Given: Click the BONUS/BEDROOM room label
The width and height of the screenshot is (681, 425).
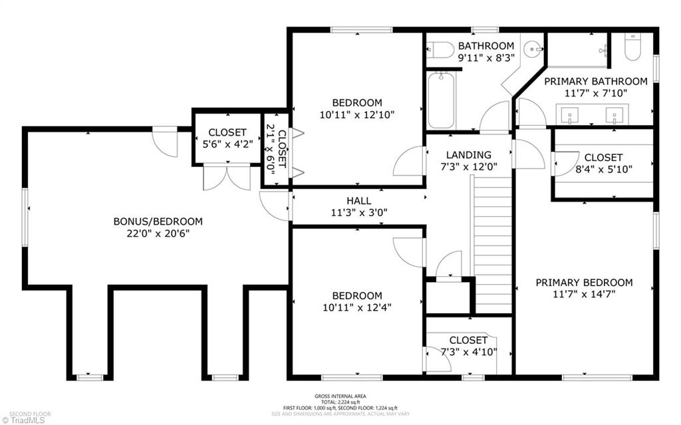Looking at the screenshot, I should click(158, 221).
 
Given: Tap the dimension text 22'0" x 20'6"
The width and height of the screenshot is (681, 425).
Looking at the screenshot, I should click(158, 233).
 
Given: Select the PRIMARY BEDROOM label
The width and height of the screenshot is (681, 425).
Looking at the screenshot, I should click(584, 283).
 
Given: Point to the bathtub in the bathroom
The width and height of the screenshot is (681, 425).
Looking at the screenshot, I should click(441, 100).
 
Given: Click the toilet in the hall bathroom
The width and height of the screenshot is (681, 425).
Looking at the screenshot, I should click(440, 49).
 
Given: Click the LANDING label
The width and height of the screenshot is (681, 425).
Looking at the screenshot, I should click(469, 155).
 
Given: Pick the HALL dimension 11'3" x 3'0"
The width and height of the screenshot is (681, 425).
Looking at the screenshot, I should click(358, 213).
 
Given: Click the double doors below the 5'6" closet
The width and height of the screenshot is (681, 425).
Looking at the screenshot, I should click(226, 178).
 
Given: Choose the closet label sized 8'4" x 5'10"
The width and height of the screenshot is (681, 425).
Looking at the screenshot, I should click(604, 169).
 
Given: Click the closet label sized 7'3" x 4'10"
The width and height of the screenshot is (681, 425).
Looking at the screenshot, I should click(468, 352).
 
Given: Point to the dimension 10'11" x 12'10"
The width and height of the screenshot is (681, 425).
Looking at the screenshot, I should click(357, 114).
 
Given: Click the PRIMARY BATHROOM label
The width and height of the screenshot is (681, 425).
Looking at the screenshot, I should click(595, 81).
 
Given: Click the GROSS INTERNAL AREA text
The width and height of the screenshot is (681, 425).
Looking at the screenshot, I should click(340, 396).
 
